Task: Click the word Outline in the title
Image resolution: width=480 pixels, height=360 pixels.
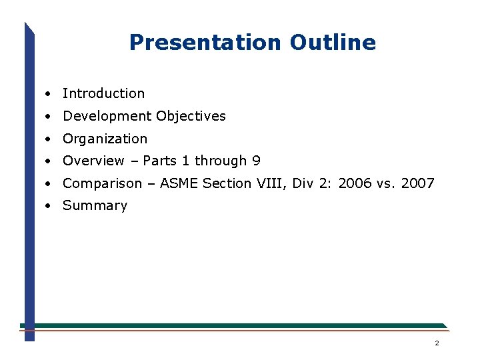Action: pyautogui.click(x=333, y=43)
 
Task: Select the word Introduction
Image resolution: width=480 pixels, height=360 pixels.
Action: pyautogui.click(x=103, y=93)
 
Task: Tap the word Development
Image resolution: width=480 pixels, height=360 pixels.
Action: pyautogui.click(x=107, y=117)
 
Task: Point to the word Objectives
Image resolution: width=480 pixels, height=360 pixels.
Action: pyautogui.click(x=191, y=116)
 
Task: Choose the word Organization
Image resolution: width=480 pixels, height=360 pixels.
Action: pyautogui.click(x=105, y=139)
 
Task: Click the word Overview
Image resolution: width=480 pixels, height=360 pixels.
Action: pyautogui.click(x=93, y=161)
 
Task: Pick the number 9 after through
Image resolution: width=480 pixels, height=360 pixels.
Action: pyautogui.click(x=257, y=161)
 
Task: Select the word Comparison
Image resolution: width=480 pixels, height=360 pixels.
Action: pyautogui.click(x=102, y=183)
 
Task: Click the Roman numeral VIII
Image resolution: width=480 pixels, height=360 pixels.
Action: pyautogui.click(x=271, y=183)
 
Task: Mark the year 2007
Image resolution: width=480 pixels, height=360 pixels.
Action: pyautogui.click(x=418, y=183)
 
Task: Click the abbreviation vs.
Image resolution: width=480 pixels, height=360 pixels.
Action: pyautogui.click(x=386, y=183)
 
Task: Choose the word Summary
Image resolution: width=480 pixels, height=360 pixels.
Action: pyautogui.click(x=95, y=205)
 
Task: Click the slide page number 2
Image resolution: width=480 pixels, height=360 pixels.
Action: pyautogui.click(x=437, y=343)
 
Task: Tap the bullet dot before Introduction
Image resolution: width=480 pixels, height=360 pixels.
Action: pyautogui.click(x=49, y=94)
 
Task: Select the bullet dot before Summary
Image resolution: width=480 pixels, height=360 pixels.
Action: pyautogui.click(x=49, y=206)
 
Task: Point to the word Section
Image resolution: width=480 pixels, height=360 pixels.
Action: pyautogui.click(x=225, y=183)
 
